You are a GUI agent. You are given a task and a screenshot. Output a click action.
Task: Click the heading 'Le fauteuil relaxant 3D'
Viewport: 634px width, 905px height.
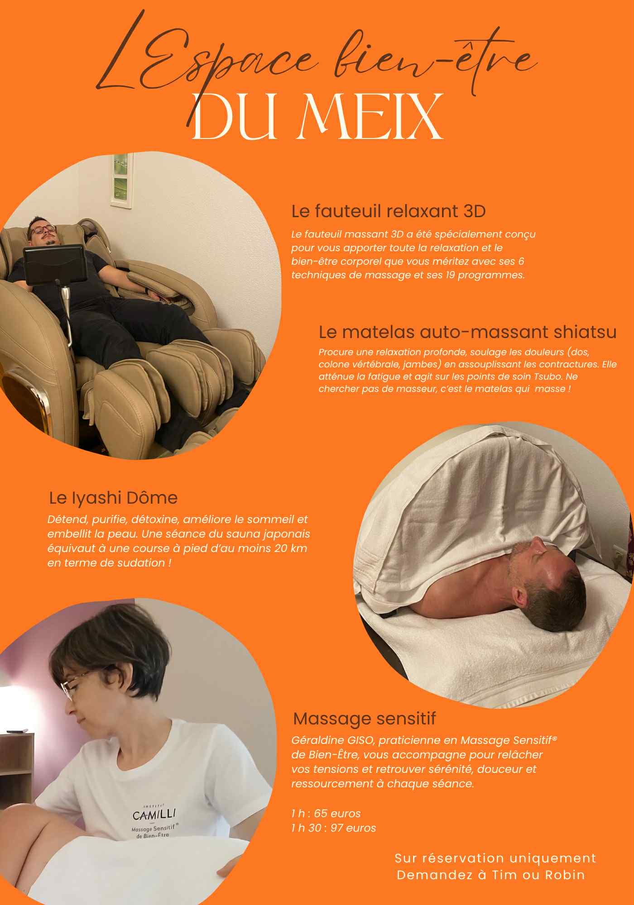[389, 211]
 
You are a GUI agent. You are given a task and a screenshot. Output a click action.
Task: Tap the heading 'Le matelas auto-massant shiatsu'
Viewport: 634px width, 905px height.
[468, 332]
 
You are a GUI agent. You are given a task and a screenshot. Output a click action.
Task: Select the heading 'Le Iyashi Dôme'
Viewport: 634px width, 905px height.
[113, 498]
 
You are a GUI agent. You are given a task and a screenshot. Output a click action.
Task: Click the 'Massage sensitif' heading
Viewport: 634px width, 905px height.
[365, 718]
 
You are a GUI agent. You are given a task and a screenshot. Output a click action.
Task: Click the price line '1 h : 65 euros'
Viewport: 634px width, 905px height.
[326, 814]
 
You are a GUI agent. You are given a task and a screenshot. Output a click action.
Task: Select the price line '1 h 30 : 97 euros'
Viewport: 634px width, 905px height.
[334, 828]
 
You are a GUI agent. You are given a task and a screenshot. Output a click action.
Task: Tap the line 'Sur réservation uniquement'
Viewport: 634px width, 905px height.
[495, 858]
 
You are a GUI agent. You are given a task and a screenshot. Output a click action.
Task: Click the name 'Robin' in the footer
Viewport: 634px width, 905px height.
[565, 875]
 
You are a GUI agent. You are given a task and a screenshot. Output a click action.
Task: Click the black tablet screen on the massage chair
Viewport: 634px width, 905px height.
[55, 265]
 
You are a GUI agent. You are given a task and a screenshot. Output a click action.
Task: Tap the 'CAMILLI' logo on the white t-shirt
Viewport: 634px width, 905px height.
[154, 814]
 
